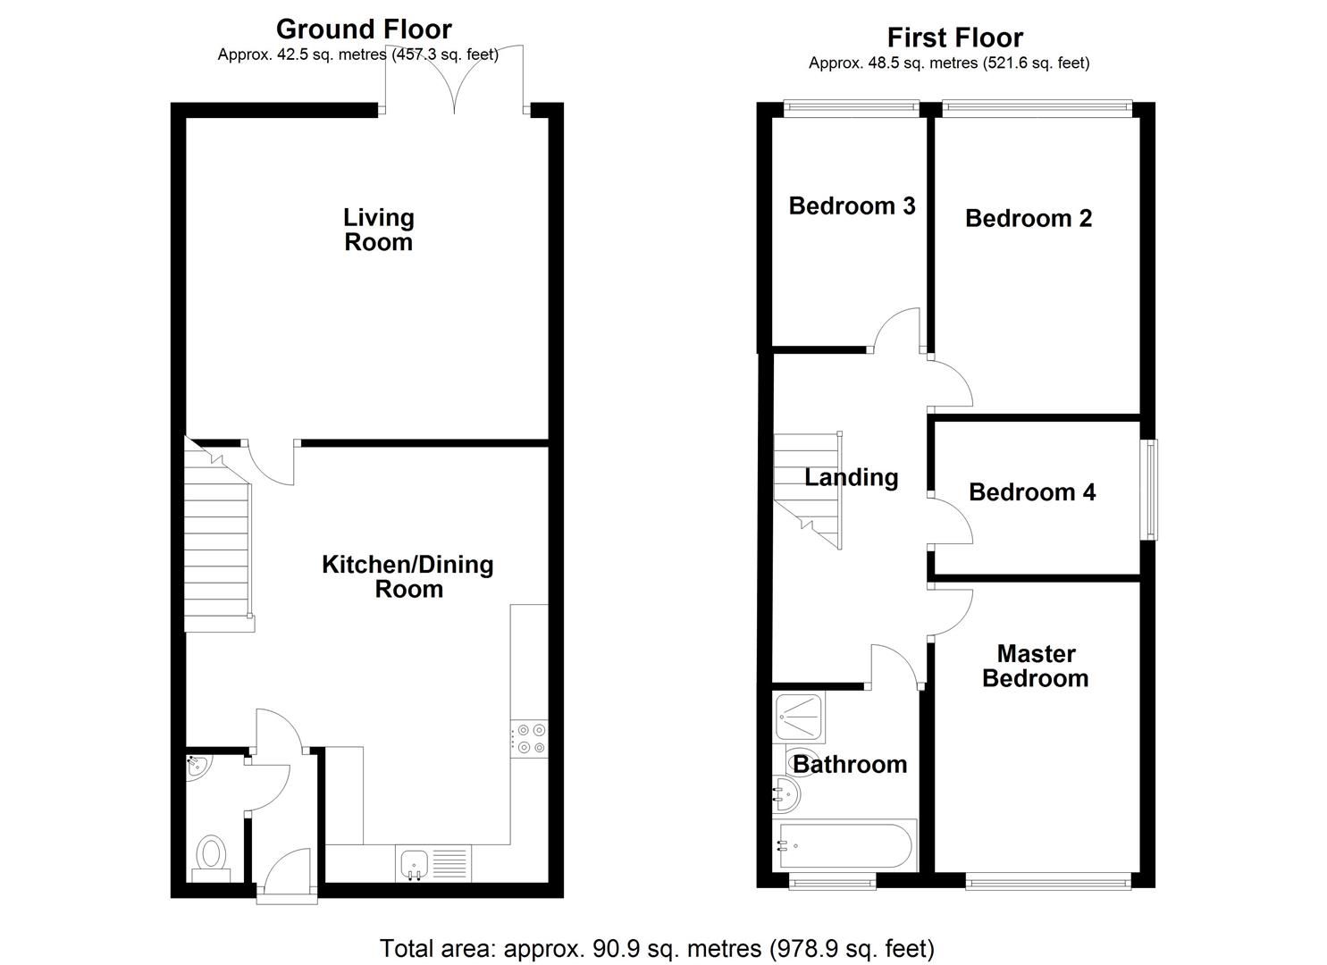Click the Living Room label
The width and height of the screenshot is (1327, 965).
pyautogui.click(x=379, y=230)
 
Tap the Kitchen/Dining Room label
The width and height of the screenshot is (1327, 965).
pyautogui.click(x=407, y=576)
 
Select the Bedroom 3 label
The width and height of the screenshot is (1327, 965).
pyautogui.click(x=852, y=206)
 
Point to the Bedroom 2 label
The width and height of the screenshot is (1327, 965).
pyautogui.click(x=1029, y=219)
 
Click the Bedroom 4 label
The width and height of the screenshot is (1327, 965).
pyautogui.click(x=1032, y=492)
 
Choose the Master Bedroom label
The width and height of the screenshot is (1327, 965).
pyautogui.click(x=1036, y=666)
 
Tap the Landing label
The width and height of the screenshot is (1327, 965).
pyautogui.click(x=852, y=477)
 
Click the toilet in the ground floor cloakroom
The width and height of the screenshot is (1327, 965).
pyautogui.click(x=212, y=854)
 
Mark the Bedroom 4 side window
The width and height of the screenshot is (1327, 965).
pyautogui.click(x=1153, y=489)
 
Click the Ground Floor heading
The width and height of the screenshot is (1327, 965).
pyautogui.click(x=364, y=29)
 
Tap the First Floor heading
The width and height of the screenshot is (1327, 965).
pyautogui.click(x=954, y=38)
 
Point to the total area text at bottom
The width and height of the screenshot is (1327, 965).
pyautogui.click(x=657, y=947)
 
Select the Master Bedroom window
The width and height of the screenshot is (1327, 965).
pyautogui.click(x=1048, y=882)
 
